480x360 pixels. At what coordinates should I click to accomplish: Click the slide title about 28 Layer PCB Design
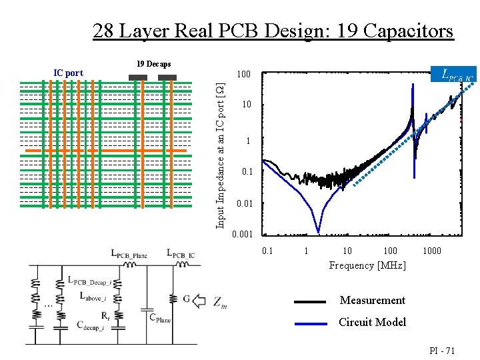[x=273, y=31]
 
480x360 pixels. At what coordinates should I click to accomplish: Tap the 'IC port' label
[x=68, y=73]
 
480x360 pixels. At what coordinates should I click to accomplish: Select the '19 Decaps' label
[x=153, y=64]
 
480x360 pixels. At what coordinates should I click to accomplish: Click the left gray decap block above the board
[x=137, y=78]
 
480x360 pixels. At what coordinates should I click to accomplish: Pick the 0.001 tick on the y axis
[x=243, y=235]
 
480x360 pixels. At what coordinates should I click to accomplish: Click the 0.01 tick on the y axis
[x=245, y=203]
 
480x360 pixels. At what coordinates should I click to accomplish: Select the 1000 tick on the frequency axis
[x=431, y=251]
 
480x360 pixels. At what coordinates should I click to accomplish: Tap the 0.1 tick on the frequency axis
[x=267, y=251]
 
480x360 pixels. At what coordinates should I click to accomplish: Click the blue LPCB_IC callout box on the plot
[x=454, y=75]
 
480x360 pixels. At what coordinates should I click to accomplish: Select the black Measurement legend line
[x=310, y=301]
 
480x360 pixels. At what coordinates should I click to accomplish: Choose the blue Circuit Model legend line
[x=310, y=323]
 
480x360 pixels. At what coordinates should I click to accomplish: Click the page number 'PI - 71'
[x=441, y=350]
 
